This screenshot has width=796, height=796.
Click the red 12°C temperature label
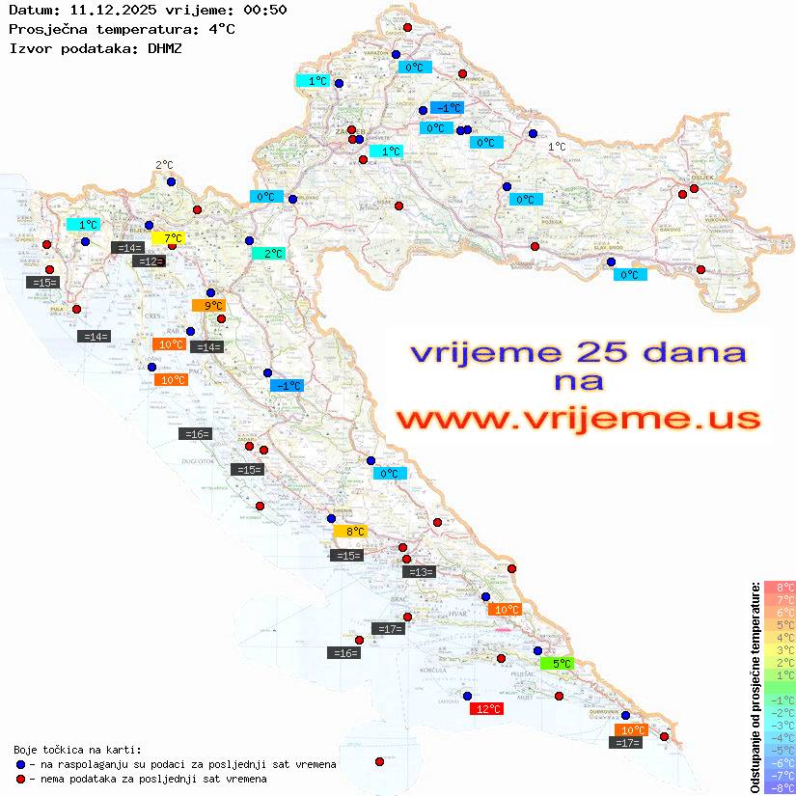pyautogui.click(x=485, y=709)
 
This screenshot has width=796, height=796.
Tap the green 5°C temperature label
pyautogui.click(x=558, y=663)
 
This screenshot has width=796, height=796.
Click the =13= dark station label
pyautogui.click(x=419, y=572)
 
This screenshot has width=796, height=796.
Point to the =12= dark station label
pyautogui.click(x=149, y=261)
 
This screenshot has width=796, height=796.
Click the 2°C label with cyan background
pyautogui.click(x=268, y=254)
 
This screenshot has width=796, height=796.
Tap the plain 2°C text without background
pyautogui.click(x=164, y=165)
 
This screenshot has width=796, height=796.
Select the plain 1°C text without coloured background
pyautogui.click(x=557, y=147)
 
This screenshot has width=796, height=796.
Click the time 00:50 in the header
pyautogui.click(x=263, y=10)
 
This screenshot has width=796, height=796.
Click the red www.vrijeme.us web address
pyautogui.click(x=578, y=420)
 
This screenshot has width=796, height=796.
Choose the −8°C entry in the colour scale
pyautogui.click(x=779, y=787)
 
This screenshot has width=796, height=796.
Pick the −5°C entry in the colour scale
pyautogui.click(x=779, y=750)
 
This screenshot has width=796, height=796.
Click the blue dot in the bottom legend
pyautogui.click(x=20, y=764)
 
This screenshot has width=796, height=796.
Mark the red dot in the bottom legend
pyautogui.click(x=20, y=779)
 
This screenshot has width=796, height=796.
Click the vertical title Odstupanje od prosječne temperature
pyautogui.click(x=755, y=687)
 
